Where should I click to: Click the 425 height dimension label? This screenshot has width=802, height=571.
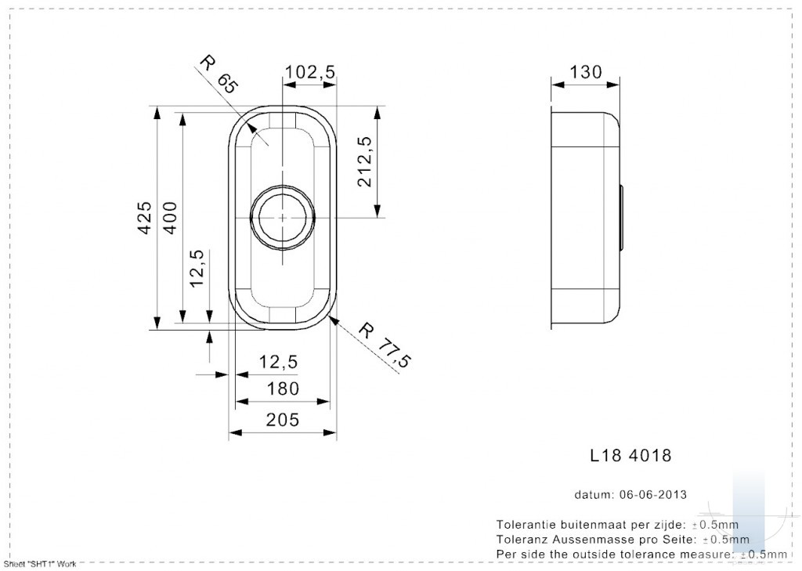click(145, 218)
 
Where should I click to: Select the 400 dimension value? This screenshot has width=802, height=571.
click(170, 218)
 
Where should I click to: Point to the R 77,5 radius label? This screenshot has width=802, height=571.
click(385, 345)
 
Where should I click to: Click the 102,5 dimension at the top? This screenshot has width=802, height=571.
click(310, 72)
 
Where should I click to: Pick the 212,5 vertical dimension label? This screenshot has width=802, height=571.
click(365, 161)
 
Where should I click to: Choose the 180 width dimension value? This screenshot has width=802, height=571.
click(283, 388)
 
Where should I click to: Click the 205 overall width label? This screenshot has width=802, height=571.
click(282, 420)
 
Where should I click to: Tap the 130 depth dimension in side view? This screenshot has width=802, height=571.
click(586, 72)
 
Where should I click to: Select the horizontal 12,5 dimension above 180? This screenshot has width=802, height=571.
click(278, 362)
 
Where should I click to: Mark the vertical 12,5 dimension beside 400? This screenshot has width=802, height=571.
click(197, 268)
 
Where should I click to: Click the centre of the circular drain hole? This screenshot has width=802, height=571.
click(282, 218)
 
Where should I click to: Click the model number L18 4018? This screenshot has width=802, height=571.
click(630, 455)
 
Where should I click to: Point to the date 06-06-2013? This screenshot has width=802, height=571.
click(653, 495)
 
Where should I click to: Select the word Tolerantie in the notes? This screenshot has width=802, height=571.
click(527, 525)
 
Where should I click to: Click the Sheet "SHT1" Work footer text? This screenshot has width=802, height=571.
click(40, 564)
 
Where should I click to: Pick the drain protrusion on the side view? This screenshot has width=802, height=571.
click(621, 218)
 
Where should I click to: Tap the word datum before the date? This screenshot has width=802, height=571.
click(594, 495)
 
